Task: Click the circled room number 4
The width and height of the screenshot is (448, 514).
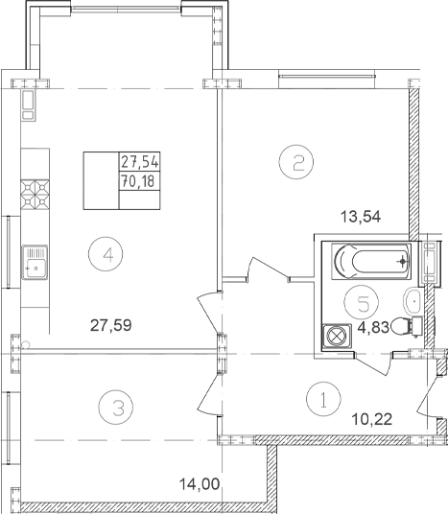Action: coord(106,254)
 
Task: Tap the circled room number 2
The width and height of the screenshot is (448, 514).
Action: coord(296,162)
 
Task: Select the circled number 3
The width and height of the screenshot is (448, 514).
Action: coord(116,408)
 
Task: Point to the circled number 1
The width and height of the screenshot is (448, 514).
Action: coord(323,399)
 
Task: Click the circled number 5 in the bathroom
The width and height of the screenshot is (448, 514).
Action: coord(362,302)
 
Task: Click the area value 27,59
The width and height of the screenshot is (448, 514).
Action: coord(111,325)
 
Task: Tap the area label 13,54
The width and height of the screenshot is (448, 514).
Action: coord(361,217)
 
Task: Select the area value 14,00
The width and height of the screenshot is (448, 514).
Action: coord(200,484)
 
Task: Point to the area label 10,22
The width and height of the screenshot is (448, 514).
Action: coord(372,419)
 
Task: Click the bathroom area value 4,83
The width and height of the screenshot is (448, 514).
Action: coord(373,327)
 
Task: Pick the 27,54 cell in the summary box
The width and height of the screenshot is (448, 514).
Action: coord(140,162)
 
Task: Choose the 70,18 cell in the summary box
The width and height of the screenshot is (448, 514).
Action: coord(140,180)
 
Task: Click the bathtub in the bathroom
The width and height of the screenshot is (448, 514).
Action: coord(371,261)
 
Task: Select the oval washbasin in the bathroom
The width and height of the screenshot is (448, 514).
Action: coord(413,301)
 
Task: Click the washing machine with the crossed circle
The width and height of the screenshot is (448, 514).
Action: coord(337,337)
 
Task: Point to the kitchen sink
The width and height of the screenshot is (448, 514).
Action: coord(35,262)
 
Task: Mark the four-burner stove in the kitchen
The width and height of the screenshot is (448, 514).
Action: coord(35,195)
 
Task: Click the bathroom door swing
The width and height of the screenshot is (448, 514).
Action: coord(374,364)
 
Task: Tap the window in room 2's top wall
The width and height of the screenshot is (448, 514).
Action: coord(327,77)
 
